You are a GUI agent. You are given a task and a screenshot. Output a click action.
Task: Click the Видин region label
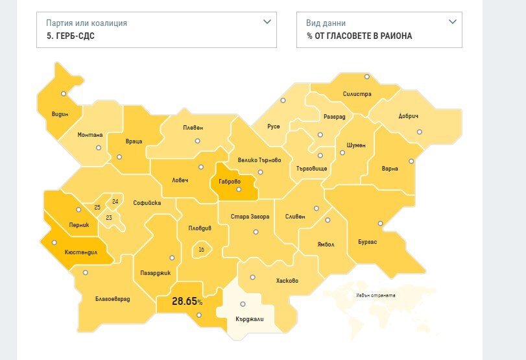[x=60, y=114]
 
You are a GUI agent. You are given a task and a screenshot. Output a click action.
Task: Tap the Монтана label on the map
[x=90, y=135]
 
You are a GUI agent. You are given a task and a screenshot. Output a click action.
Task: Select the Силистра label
[x=357, y=94]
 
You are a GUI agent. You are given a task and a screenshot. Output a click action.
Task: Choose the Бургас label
[x=367, y=242]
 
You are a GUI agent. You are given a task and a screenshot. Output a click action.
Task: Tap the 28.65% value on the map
[x=187, y=302]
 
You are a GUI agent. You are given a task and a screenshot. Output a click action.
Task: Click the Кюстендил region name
[x=81, y=252]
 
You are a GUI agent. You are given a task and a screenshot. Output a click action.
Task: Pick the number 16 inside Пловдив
[x=202, y=249]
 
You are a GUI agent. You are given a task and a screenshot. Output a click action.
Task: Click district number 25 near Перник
[x=97, y=207]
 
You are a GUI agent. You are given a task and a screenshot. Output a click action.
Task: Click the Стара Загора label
[x=250, y=217]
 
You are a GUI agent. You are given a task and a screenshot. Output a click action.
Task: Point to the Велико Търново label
[x=259, y=160]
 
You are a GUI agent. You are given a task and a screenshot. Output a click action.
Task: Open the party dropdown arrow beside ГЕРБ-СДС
[x=267, y=22]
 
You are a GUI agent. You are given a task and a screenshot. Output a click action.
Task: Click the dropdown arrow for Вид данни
[x=452, y=22]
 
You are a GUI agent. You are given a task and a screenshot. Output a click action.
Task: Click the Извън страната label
[x=376, y=295]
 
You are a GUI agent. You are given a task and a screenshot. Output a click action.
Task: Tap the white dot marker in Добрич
[x=420, y=132]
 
